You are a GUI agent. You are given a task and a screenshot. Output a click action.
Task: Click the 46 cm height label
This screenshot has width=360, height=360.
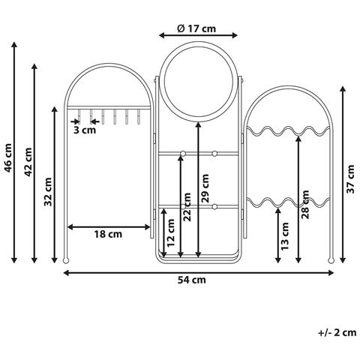point(8,158)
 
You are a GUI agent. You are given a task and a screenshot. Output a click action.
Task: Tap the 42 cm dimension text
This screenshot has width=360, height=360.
point(28,162)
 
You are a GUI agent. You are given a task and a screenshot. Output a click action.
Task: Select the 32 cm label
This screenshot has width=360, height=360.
point(48,192)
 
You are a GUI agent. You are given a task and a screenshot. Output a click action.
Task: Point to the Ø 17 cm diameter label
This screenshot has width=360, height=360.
point(196,28)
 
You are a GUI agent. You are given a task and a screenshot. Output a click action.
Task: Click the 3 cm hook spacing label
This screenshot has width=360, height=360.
point(85,130)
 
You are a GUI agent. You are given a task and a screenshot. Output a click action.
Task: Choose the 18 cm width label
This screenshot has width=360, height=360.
point(108,234)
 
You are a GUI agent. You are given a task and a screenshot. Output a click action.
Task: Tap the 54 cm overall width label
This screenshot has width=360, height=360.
point(192,280)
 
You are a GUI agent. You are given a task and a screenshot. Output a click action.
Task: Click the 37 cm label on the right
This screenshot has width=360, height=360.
point(350,179)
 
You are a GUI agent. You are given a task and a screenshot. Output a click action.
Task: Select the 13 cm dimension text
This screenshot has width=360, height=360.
point(285,236)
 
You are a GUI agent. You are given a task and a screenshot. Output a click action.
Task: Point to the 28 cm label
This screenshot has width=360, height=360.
point(305,205)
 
